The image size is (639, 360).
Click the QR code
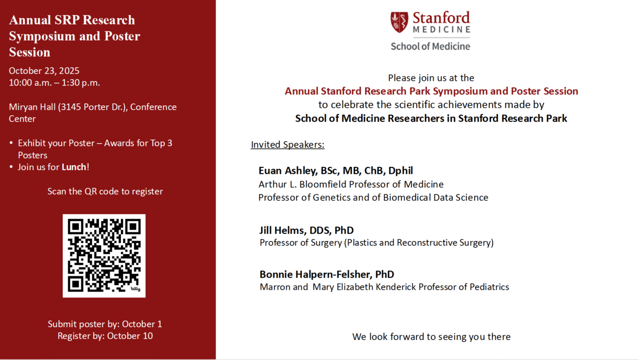pos(104,256)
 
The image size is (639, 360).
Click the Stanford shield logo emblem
pos(399,22)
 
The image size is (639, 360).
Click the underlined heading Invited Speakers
pos(288,145)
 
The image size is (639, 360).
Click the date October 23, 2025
pos(44,70)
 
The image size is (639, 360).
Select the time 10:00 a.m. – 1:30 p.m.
pos(54,83)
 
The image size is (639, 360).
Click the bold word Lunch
pos(74,167)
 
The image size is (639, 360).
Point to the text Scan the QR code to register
pos(105,191)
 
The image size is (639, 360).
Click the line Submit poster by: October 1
pos(105,324)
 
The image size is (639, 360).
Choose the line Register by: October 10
pos(105,336)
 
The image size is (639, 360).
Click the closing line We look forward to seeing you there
pos(431,337)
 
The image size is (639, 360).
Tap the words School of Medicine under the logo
pos(430,46)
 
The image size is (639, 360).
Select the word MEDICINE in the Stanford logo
pos(441,29)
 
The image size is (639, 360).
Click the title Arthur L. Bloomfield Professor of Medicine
pos(351,184)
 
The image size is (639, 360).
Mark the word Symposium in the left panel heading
pos(40,36)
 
